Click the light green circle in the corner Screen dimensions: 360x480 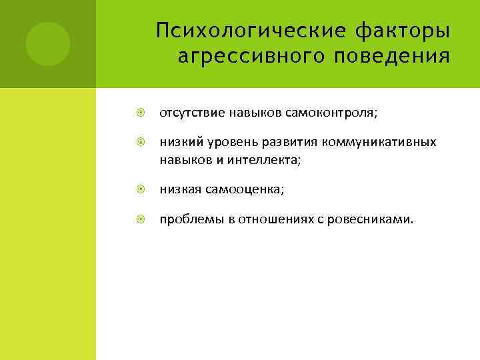tap(47, 44)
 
